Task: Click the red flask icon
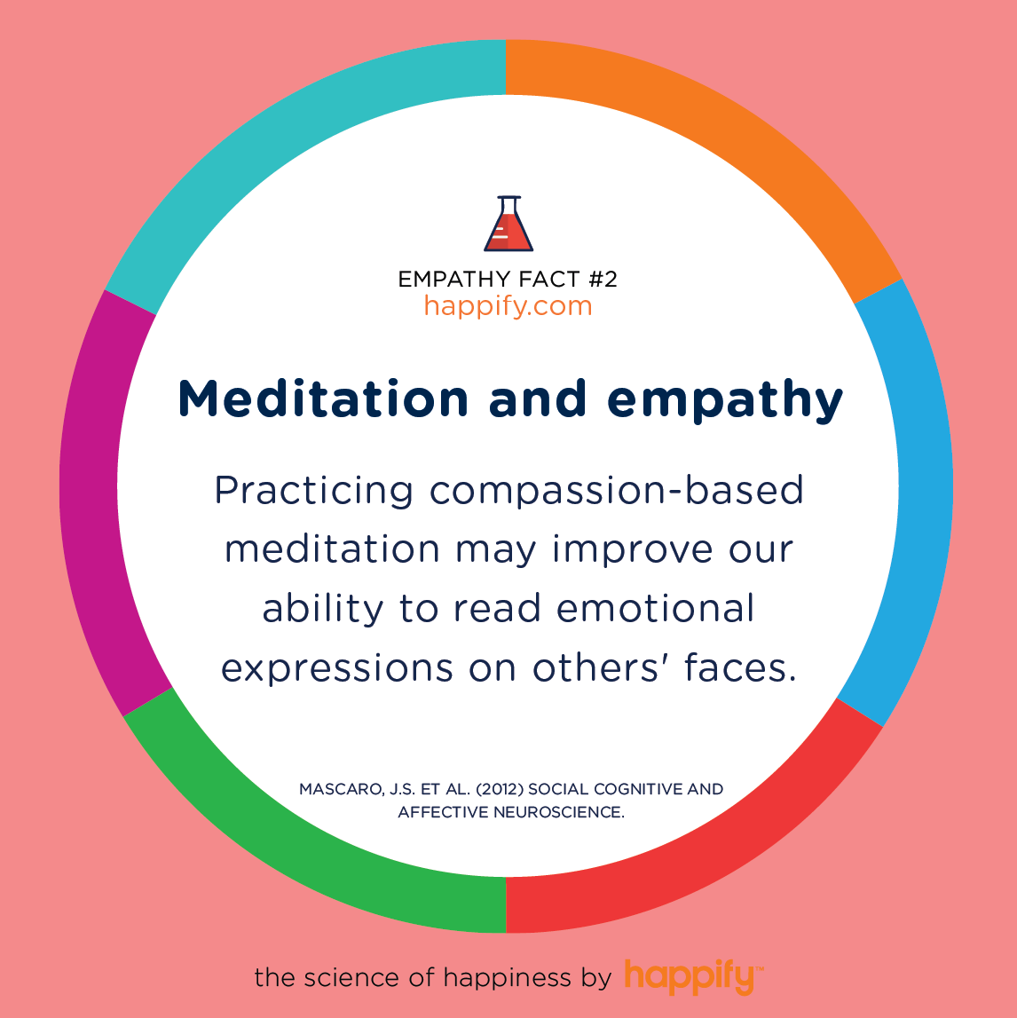tap(508, 225)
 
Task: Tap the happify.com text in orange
tap(508, 306)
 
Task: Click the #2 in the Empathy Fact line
tap(603, 279)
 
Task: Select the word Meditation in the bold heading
tap(323, 399)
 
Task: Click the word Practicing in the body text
tap(314, 491)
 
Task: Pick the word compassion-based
tap(617, 491)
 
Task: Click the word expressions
tap(337, 669)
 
